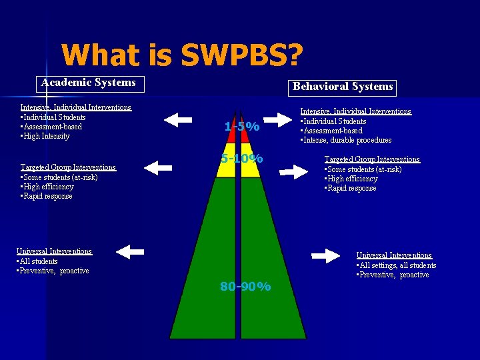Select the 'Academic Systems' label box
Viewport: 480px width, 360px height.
tap(88, 83)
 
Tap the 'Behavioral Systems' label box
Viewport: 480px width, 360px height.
tap(343, 87)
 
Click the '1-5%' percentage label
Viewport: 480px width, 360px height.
tap(242, 127)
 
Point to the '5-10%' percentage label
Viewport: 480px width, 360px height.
tap(242, 159)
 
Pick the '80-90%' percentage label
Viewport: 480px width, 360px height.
tap(245, 287)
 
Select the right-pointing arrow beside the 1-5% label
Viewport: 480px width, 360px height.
tap(279, 121)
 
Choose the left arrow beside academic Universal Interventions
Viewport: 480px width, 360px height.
tap(129, 251)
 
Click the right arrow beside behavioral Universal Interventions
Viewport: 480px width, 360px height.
tap(325, 255)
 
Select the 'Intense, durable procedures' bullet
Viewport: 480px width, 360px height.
tap(347, 140)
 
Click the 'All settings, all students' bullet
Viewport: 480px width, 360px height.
tap(397, 265)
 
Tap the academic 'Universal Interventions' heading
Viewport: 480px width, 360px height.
tap(55, 251)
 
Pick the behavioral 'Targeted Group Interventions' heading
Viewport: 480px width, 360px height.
tap(372, 159)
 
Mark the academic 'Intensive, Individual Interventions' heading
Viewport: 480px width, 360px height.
tap(76, 107)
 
